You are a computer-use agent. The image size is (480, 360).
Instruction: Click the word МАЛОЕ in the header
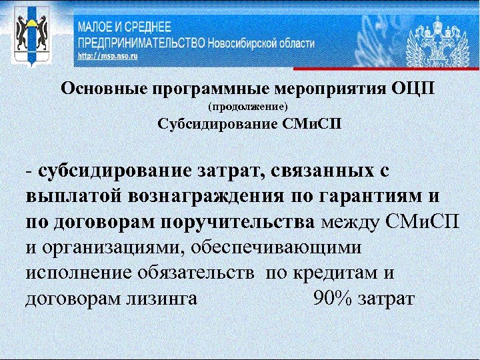pyautogui.click(x=97, y=28)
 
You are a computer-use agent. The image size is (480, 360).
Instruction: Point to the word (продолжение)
pyautogui.click(x=247, y=107)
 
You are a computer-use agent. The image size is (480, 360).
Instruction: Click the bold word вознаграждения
pyautogui.click(x=202, y=197)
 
